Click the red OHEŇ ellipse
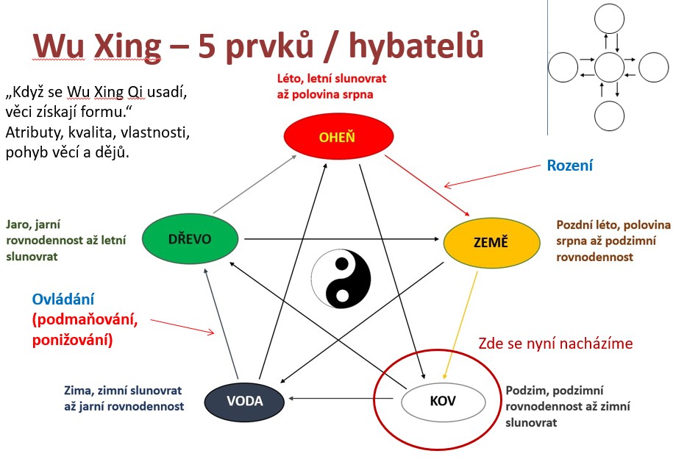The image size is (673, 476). [338, 137]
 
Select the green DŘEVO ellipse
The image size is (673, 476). [190, 238]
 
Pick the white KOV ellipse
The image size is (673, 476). [443, 401]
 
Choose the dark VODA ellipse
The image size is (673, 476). [244, 401]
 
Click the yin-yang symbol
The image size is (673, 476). [341, 279]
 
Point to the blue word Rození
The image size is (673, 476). [569, 166]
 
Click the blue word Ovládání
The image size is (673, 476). [63, 299]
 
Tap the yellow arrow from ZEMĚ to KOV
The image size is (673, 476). [460, 325]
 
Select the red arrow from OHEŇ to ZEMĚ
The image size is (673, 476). [427, 185]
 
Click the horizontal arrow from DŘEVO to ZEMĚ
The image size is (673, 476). [342, 239]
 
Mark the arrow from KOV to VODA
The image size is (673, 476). [341, 398]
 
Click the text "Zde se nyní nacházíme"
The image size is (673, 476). [555, 343]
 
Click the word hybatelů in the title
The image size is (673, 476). [416, 45]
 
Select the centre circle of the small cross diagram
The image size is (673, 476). [609, 68]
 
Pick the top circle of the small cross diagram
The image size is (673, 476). [609, 18]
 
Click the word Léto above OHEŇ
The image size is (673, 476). [290, 79]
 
